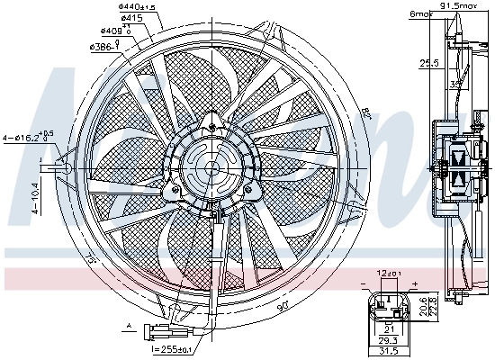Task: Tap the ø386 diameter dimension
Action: point(103,45)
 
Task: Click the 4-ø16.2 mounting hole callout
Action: point(28,137)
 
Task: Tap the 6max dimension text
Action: point(419,14)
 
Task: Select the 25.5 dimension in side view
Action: point(428,64)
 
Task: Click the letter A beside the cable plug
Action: point(130,324)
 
